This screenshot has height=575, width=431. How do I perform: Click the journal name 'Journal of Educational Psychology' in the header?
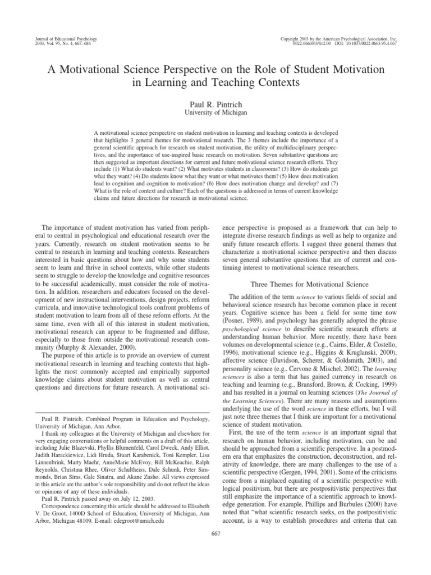tap(62, 39)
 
